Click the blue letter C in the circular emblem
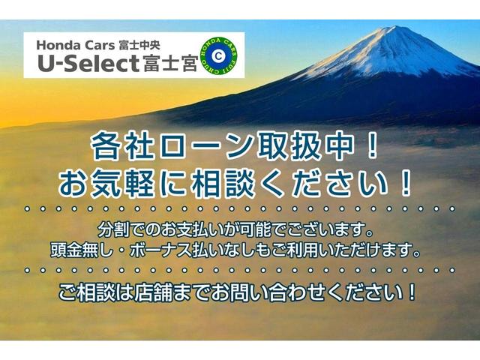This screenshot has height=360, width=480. (x=218, y=55)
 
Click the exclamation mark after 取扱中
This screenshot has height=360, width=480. (x=373, y=146)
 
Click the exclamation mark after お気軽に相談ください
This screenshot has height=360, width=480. (x=404, y=181)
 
